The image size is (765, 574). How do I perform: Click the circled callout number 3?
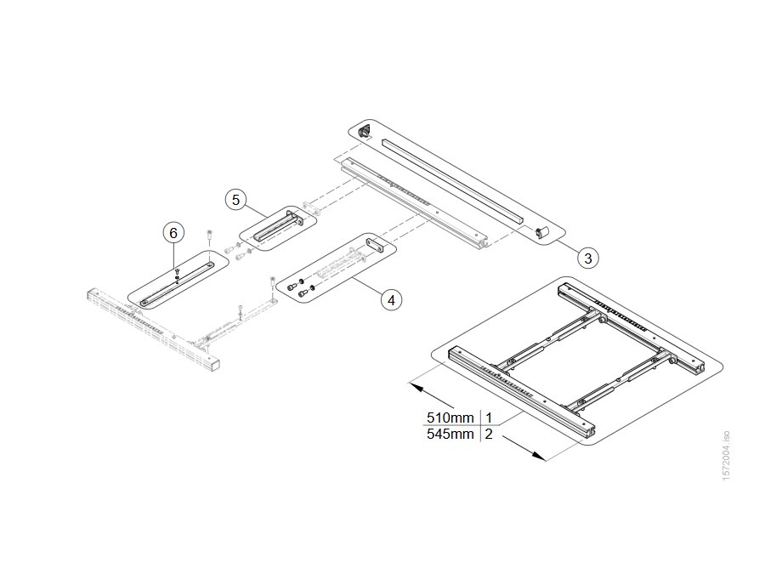click(x=588, y=258)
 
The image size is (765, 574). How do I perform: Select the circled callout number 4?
click(x=391, y=299)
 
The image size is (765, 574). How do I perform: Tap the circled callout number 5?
click(x=236, y=200)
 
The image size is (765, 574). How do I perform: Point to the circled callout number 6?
click(x=173, y=233)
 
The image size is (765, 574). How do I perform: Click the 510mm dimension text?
click(x=450, y=418)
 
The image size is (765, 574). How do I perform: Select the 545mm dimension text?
click(x=450, y=434)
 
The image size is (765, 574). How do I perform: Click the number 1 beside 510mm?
click(x=489, y=418)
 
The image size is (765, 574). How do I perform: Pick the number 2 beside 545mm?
click(x=489, y=434)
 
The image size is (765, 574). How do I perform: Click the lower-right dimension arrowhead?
click(x=539, y=456)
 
